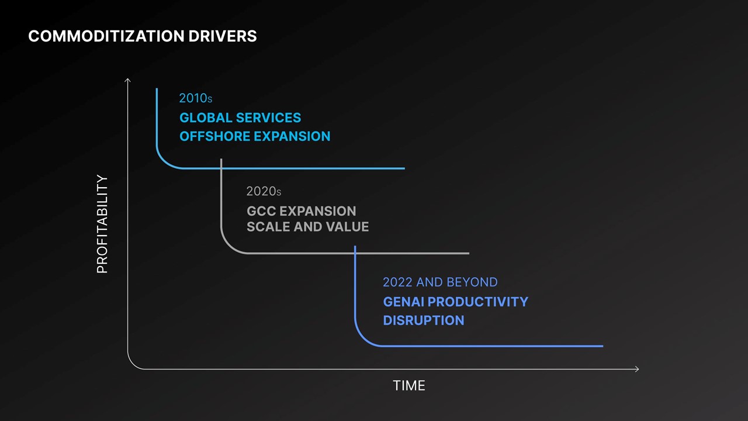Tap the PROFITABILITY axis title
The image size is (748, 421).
102,224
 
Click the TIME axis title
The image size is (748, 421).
409,386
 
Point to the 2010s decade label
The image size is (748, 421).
196,98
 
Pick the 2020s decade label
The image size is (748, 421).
264,191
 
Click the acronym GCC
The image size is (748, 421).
261,211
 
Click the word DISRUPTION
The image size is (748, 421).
424,320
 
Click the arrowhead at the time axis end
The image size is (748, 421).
637,369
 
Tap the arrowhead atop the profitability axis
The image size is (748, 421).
127,80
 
